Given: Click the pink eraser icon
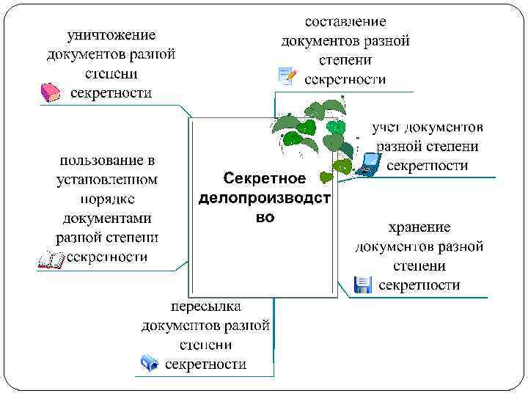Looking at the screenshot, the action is (x=50, y=93).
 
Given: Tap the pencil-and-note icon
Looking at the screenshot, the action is (x=287, y=76).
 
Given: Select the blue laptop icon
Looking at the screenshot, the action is (x=368, y=164).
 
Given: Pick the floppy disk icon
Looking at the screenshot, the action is (x=363, y=285).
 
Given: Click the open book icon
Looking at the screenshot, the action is (x=51, y=260).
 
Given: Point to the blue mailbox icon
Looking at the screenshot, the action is (x=150, y=362).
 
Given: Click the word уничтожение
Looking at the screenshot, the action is (x=111, y=34).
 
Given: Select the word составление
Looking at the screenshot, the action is (x=345, y=22).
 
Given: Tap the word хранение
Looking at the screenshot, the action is (x=420, y=227).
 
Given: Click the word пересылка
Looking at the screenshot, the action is (x=206, y=306).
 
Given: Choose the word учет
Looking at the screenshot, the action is (x=386, y=126).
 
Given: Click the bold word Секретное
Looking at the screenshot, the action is (x=265, y=179).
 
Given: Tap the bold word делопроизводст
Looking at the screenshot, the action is (x=265, y=198).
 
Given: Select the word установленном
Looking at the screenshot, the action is (x=107, y=178).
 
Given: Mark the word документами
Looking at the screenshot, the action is (x=107, y=218).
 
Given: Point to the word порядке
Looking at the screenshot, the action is (x=107, y=198).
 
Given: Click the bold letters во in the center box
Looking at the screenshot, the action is (x=265, y=218).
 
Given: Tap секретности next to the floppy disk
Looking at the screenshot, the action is (x=420, y=285).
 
